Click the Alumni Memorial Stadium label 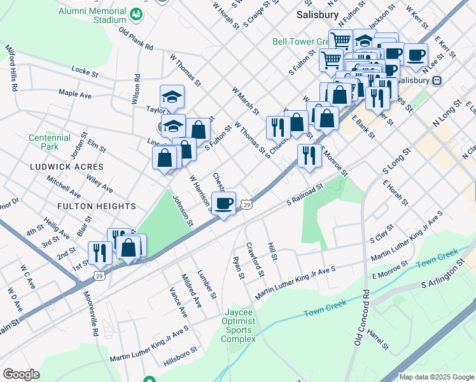92,15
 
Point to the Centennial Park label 50,142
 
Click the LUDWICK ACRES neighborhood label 66,166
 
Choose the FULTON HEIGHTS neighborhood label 97,206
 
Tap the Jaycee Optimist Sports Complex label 239,325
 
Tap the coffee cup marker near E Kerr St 416,55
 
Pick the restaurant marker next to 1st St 98,253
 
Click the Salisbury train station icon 437,81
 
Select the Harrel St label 378,339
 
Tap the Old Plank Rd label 136,39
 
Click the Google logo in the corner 22,374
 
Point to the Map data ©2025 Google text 436,377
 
